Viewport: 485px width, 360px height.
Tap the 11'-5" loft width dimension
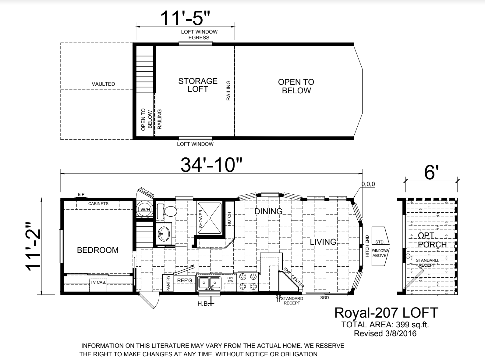pyautogui.click(x=185, y=18)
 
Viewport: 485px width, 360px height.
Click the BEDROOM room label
pyautogui.click(x=97, y=250)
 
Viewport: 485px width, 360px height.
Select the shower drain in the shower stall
pyautogui.click(x=210, y=218)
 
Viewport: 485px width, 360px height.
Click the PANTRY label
pyautogui.click(x=168, y=283)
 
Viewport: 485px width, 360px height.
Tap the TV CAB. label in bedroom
pyautogui.click(x=98, y=283)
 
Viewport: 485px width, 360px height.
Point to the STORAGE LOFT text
pyautogui.click(x=198, y=85)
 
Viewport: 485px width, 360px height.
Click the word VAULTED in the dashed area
pyautogui.click(x=103, y=84)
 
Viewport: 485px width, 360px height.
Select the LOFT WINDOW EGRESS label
pyautogui.click(x=199, y=34)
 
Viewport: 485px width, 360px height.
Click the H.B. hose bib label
pyautogui.click(x=203, y=304)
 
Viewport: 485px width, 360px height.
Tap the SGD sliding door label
pyautogui.click(x=324, y=297)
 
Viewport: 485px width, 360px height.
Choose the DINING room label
pyautogui.click(x=268, y=211)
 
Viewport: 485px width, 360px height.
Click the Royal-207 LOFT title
pyautogui.click(x=386, y=313)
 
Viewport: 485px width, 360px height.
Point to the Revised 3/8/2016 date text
pyautogui.click(x=385, y=333)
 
